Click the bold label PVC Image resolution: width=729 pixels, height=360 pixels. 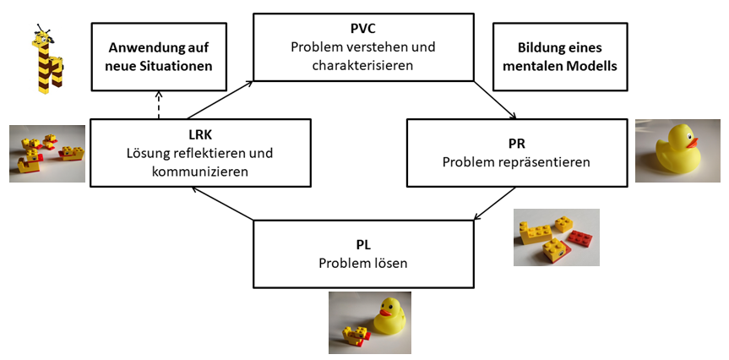tap(363, 28)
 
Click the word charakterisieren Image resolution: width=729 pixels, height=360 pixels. tap(363, 64)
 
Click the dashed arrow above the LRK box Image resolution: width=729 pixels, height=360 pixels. tap(159, 105)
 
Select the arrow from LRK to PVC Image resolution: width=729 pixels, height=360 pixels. tap(220, 99)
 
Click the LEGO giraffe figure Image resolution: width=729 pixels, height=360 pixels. tap(46, 59)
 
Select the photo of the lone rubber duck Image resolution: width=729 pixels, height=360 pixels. tap(677, 150)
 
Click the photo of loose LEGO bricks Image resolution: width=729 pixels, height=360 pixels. tap(557, 237)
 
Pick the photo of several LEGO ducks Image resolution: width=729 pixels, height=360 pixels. tap(46, 153)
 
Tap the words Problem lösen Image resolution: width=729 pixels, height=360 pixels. tap(363, 263)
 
